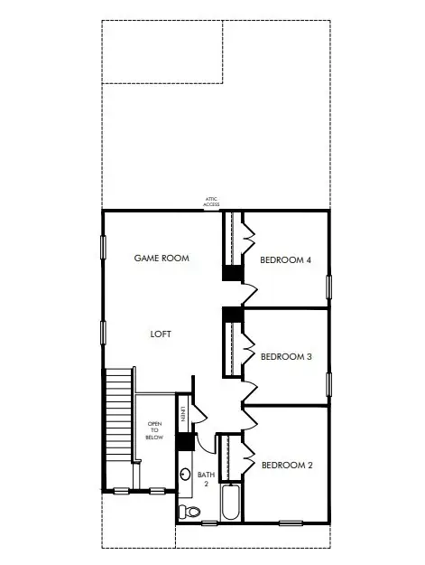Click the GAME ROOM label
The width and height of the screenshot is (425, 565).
coord(162,259)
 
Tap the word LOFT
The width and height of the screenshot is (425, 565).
coord(161,334)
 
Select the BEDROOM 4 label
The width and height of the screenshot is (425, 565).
coord(285,260)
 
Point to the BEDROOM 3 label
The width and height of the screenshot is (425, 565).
coord(286,357)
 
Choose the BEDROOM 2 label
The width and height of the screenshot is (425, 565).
coord(287,466)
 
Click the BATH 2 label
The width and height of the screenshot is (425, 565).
coord(206,479)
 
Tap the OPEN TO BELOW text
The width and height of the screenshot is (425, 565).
coord(154,430)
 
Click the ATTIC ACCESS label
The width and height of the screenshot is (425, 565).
coord(211,202)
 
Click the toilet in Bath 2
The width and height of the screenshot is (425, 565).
coord(190,513)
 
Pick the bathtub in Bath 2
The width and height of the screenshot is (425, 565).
coord(228,504)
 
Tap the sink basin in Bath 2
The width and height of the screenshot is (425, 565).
coord(186,474)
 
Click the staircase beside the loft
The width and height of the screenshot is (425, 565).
coord(119,425)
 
